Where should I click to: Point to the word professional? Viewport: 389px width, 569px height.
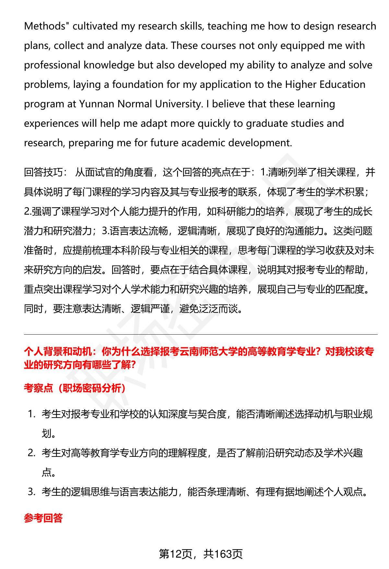52,65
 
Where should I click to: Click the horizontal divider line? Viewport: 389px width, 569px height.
201,334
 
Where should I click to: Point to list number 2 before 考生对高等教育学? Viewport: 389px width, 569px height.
31,453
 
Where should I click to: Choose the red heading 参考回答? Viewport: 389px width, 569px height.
43,518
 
